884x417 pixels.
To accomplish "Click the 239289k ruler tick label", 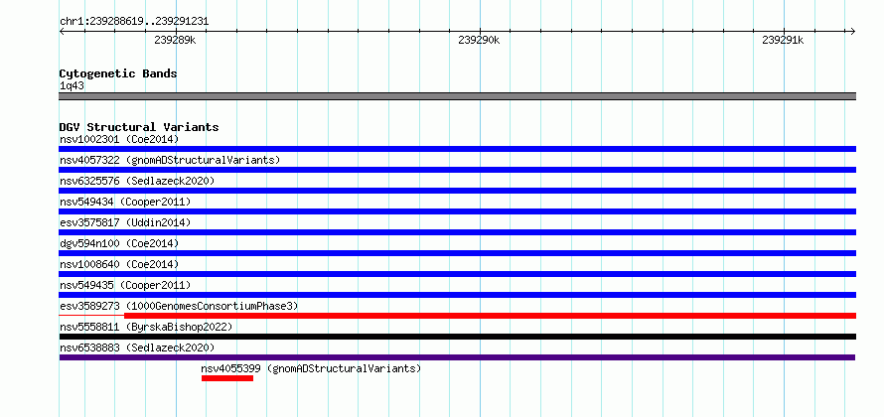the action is pyautogui.click(x=175, y=40).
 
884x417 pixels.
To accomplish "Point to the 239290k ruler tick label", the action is pyautogui.click(x=479, y=40).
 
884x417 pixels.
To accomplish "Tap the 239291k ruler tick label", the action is pyautogui.click(x=783, y=40).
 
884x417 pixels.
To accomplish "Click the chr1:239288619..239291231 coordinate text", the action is pyautogui.click(x=134, y=22).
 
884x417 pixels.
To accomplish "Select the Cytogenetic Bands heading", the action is pyautogui.click(x=118, y=73).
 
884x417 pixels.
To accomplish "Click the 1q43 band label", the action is pyautogui.click(x=73, y=86).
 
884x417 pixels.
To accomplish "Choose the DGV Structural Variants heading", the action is pyautogui.click(x=139, y=127).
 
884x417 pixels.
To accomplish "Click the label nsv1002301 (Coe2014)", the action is pyautogui.click(x=119, y=139).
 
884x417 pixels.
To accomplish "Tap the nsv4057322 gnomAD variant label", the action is pyautogui.click(x=170, y=160).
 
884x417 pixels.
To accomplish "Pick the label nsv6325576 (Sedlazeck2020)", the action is pyautogui.click(x=137, y=181).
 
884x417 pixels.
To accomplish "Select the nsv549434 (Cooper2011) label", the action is pyautogui.click(x=125, y=202).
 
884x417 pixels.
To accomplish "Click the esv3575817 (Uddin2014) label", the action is pyautogui.click(x=125, y=222).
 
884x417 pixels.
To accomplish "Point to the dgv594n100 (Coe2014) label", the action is pyautogui.click(x=119, y=243).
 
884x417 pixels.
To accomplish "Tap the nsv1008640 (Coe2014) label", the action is pyautogui.click(x=119, y=264).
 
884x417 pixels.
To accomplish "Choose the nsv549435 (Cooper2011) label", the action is pyautogui.click(x=125, y=285).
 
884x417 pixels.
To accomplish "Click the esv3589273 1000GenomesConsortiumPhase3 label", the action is pyautogui.click(x=179, y=306).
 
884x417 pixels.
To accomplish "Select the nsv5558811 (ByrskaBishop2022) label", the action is pyautogui.click(x=146, y=327).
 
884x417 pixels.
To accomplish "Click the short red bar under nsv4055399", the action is pyautogui.click(x=227, y=378).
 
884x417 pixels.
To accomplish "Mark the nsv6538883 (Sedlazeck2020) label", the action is pyautogui.click(x=137, y=347).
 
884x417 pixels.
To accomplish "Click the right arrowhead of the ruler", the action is pyautogui.click(x=853, y=32).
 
